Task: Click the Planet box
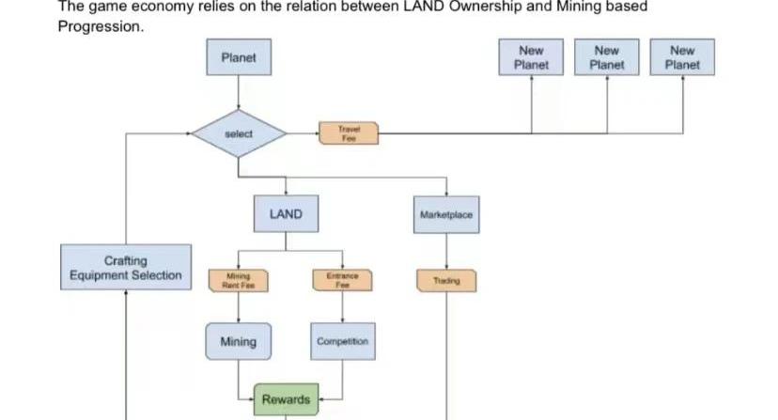[239, 58]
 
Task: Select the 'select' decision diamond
[239, 134]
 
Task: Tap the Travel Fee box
[348, 133]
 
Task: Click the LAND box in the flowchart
[286, 214]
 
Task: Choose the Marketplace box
[446, 214]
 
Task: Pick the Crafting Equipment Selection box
[126, 268]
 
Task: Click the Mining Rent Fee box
[239, 280]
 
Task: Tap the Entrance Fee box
[342, 280]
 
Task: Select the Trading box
[446, 280]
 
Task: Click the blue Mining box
[238, 341]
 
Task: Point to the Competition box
[342, 341]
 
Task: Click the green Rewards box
[286, 399]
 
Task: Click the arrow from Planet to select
[239, 95]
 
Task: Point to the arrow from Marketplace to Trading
[446, 250]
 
